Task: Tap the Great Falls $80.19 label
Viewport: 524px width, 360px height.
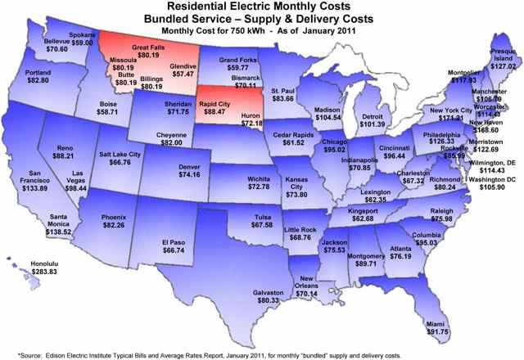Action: (148, 50)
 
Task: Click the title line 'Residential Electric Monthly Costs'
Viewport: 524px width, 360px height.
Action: (264, 7)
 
